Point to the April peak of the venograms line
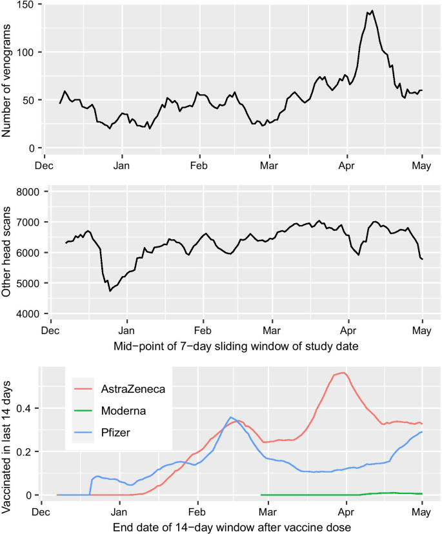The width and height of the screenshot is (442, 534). coord(372,10)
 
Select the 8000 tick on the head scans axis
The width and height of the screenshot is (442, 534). coord(32,192)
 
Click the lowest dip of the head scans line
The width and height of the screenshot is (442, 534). coord(110,291)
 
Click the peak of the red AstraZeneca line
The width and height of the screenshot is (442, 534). coord(342,373)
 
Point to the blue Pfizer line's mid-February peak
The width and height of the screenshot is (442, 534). coord(230,417)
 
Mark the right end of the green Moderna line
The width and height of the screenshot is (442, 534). coord(421,493)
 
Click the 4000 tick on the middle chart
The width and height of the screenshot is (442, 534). coord(32,313)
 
